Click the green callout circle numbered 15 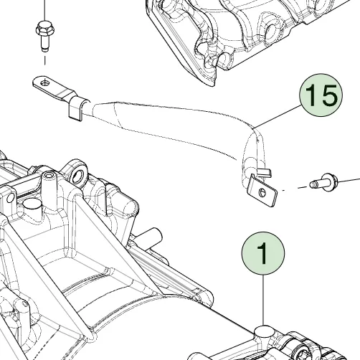pos(321,95)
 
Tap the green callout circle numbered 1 pos(263,253)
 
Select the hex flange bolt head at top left pos(45,29)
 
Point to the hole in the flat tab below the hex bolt pos(44,83)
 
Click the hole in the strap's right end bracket pos(262,191)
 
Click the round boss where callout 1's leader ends pos(264,331)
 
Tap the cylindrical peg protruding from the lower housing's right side pos(151,237)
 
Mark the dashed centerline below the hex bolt pos(44,60)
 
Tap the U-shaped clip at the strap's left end pos(77,108)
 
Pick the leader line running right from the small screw pos(349,180)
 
